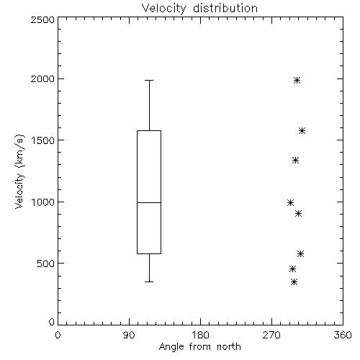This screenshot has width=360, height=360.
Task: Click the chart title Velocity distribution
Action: pos(199,8)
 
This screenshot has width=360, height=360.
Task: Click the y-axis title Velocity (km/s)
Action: pos(19,171)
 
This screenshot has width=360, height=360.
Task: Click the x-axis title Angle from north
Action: pos(199,346)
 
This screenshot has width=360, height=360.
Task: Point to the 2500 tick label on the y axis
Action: pos(42,19)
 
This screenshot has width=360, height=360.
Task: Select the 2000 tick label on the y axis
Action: pos(42,78)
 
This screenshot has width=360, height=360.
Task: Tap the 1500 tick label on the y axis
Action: pos(43,140)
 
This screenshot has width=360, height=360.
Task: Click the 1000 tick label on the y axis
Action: pos(43,202)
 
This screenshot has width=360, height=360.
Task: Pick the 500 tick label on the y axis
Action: pos(46,264)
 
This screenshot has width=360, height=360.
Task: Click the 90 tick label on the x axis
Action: pos(129,335)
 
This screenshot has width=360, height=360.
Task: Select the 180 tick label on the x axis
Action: pos(200,335)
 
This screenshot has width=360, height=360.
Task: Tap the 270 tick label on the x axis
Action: pos(271,335)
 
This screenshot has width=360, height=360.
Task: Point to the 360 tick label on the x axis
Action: pos(343,335)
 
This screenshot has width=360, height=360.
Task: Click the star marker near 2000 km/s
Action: pos(297,80)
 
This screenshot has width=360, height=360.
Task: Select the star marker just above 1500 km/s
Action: pos(302,131)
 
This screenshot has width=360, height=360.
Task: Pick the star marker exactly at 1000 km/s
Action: pos(290,203)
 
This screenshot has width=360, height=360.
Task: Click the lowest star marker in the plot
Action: pos(294,282)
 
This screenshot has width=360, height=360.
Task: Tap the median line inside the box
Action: pos(149,202)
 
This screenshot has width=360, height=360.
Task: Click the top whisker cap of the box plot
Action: pos(149,80)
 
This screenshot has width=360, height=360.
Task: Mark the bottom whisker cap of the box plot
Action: pos(149,282)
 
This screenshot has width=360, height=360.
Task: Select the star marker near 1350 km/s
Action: pos(295,160)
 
